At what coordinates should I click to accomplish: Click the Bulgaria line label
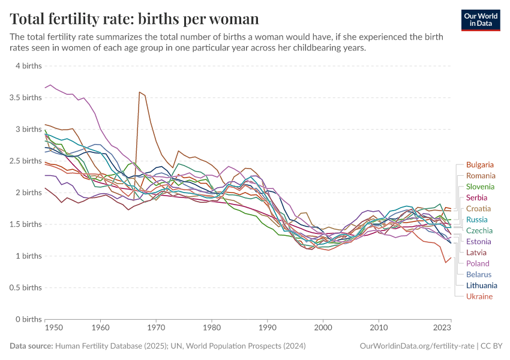pos(479,164)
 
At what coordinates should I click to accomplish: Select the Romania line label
pos(481,176)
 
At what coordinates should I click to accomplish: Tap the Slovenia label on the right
pos(480,187)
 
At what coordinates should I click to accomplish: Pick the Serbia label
pos(476,197)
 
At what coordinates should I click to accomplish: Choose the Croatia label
pos(478,209)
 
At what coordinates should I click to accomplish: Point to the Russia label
pos(476,220)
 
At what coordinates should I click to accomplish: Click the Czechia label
pos(479,230)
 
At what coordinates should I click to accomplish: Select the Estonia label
pos(479,241)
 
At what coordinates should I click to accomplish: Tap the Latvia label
pos(476,253)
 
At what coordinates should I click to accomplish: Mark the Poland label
pos(478,263)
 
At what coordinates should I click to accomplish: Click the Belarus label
pos(478,274)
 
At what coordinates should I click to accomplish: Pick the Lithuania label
pos(481,286)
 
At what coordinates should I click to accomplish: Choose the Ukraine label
pos(479,296)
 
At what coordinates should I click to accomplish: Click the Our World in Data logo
pos(481,20)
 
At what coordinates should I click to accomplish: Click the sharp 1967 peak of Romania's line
pos(139,92)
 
